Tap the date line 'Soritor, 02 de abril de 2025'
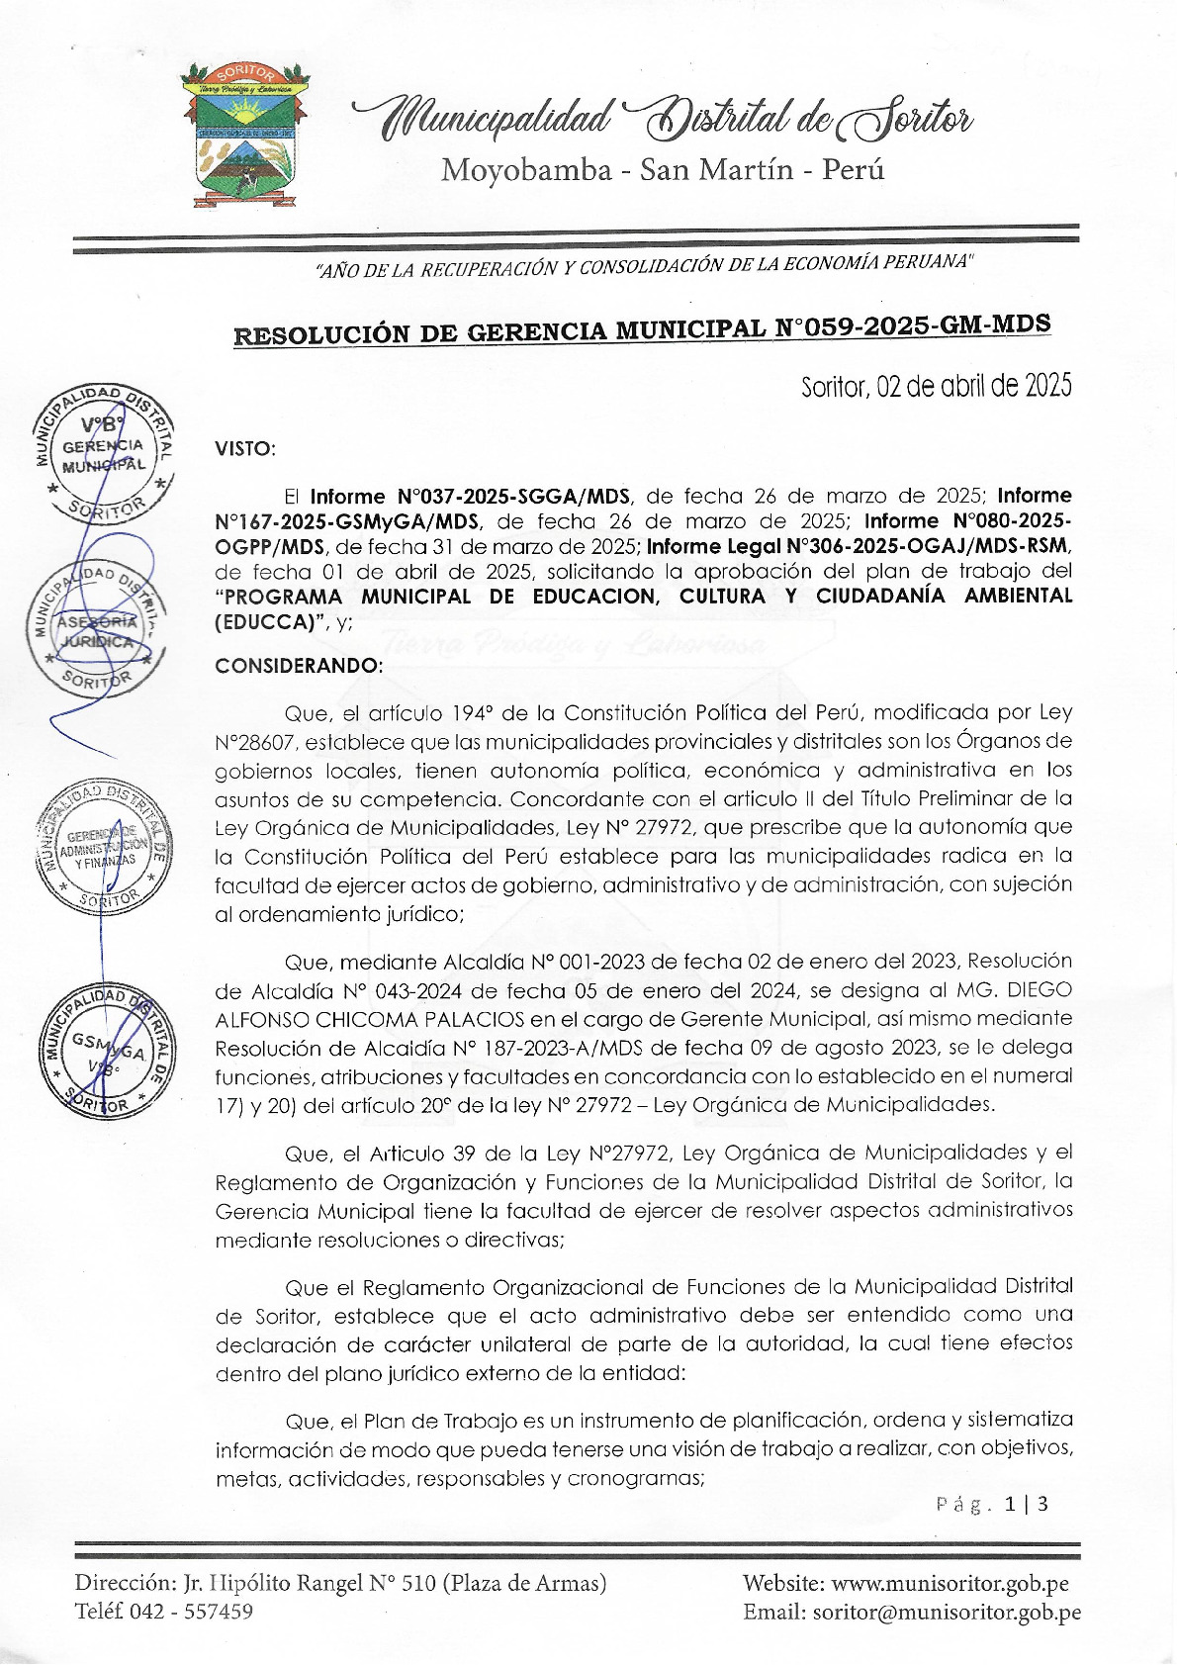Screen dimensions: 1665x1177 (x=936, y=386)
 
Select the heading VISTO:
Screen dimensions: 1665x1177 (x=245, y=448)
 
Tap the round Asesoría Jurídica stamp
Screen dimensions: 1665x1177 (x=94, y=630)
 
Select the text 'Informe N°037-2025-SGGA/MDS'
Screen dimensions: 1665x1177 (x=470, y=496)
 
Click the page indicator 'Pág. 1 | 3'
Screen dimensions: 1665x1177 (x=992, y=1504)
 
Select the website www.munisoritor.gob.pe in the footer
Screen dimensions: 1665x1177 (x=950, y=1583)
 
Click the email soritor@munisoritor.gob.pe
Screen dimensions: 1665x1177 (x=947, y=1612)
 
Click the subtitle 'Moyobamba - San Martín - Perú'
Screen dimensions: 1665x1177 (x=662, y=170)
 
